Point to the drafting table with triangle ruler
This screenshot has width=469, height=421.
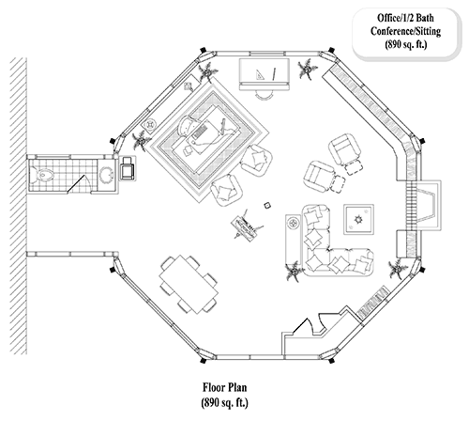click(263, 73)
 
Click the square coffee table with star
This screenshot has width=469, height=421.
click(358, 220)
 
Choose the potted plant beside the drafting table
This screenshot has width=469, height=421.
click(305, 68)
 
